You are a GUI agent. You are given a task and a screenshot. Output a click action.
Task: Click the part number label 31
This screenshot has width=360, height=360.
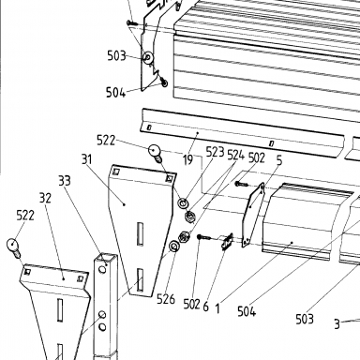[x=87, y=159]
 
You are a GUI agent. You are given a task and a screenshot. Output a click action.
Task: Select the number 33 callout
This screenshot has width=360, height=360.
[x=65, y=181]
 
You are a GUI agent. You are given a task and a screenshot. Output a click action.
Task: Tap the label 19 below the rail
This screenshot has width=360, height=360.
[x=187, y=160]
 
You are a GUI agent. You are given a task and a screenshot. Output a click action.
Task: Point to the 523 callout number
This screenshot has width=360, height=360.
[x=215, y=152]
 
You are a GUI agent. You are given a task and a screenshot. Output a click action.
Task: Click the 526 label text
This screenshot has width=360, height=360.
[x=166, y=299]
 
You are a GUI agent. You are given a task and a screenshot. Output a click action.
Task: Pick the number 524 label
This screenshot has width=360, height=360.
[x=236, y=155]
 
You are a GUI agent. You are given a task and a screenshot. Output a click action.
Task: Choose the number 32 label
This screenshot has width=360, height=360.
[x=45, y=198]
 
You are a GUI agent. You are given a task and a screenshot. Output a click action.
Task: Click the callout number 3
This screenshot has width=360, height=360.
[x=337, y=324]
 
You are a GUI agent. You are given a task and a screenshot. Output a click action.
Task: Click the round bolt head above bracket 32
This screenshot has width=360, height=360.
[x=13, y=245]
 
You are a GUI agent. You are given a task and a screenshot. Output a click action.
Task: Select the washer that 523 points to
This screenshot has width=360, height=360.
[x=183, y=203]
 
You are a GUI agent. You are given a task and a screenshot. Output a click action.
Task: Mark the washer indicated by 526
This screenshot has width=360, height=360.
[x=173, y=247]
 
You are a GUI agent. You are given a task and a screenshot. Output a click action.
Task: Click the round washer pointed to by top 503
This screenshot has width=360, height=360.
[x=148, y=57]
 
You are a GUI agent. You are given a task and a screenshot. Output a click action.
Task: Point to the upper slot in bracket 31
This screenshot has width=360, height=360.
[x=141, y=233]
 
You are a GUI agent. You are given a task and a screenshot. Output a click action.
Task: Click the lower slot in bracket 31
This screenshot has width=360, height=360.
[x=141, y=279]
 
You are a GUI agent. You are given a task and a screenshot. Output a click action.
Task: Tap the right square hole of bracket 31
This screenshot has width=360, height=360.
[x=170, y=178]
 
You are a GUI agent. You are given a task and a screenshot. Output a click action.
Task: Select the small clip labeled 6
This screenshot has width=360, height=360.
[x=227, y=242]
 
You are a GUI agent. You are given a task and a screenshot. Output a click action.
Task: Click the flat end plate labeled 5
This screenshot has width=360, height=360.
[x=253, y=215]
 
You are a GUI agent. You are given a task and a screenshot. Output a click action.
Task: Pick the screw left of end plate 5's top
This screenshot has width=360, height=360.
[x=241, y=184]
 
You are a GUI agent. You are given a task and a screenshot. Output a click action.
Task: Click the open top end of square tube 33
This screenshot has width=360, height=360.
[x=106, y=258]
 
